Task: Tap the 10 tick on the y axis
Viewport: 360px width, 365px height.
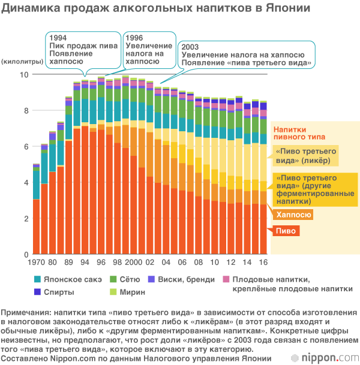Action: [x=24, y=74]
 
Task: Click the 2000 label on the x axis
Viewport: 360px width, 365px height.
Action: [x=133, y=263]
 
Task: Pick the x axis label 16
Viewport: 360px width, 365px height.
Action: [x=263, y=263]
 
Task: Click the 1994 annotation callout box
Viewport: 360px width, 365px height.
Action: [x=82, y=52]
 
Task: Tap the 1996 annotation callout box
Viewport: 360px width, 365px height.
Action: [x=148, y=52]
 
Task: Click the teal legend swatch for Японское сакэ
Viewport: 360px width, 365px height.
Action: [x=38, y=279]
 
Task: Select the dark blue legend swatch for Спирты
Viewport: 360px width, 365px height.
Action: [x=38, y=292]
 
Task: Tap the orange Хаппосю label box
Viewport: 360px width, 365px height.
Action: [x=292, y=214]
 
